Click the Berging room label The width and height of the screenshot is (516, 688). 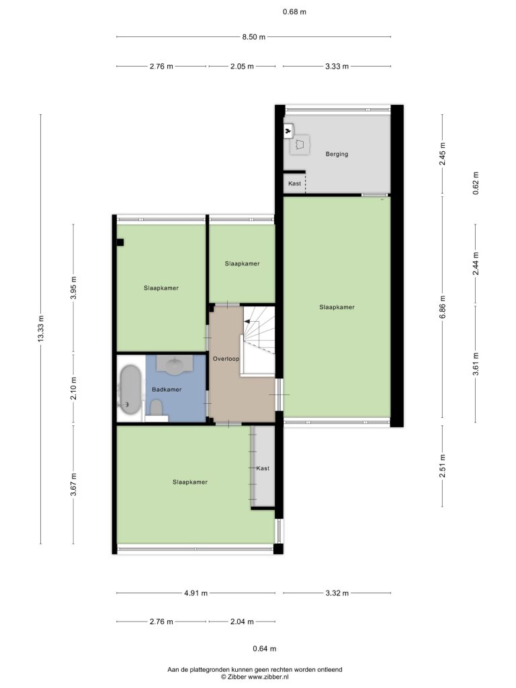pos(337,154)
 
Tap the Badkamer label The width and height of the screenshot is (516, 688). pos(167,389)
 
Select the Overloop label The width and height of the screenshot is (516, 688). pos(226,359)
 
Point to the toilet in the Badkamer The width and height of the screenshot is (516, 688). pos(156,408)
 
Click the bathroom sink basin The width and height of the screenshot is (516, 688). pos(175,365)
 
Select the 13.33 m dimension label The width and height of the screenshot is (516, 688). pos(41,329)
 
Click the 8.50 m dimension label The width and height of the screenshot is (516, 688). pos(253,37)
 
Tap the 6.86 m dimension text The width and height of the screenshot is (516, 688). pos(442,307)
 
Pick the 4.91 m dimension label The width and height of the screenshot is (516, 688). pos(196,593)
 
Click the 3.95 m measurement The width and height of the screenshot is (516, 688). pos(73,288)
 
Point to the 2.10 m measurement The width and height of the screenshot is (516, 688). pos(73,388)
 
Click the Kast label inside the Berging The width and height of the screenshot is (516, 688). pos(294,183)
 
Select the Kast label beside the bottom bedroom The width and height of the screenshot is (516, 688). pos(263,468)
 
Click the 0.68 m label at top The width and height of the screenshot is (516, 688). pos(294,12)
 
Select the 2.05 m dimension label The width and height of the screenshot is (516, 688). pos(242,67)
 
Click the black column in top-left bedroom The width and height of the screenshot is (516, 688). pos(120,242)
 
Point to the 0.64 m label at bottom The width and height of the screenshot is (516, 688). pos(265,648)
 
